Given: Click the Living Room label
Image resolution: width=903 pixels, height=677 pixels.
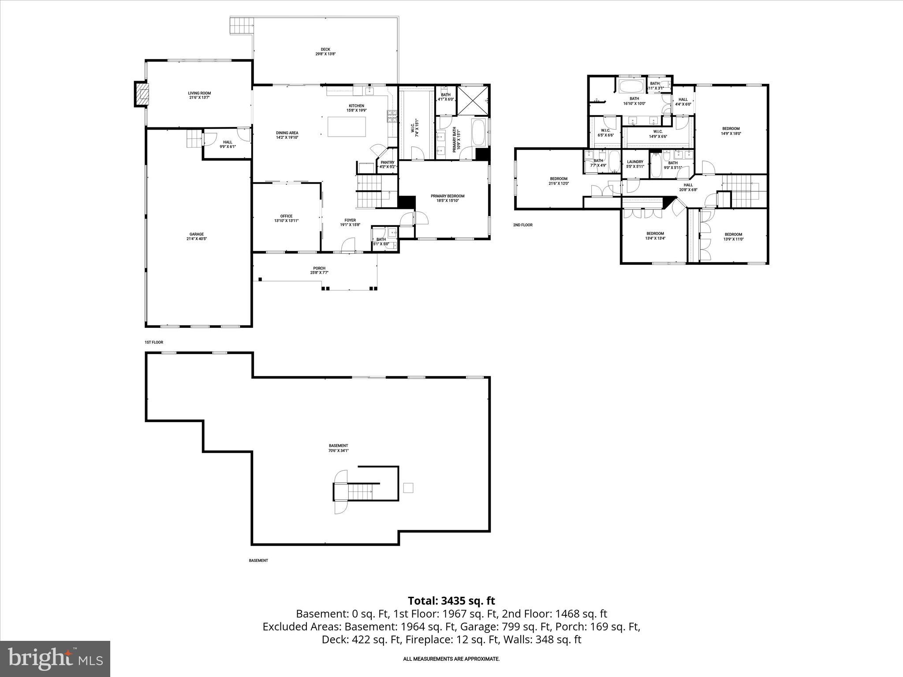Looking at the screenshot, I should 199,95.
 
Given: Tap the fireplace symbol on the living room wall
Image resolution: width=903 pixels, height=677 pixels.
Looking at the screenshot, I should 142,94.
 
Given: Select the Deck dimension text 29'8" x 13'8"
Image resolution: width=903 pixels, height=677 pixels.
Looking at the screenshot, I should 325,54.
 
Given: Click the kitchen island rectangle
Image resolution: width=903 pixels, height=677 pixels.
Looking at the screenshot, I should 347,126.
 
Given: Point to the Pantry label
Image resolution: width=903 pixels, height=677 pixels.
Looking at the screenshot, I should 388,164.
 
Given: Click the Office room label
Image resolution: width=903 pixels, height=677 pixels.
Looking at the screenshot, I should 286,218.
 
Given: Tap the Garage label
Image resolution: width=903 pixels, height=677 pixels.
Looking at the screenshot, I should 197,237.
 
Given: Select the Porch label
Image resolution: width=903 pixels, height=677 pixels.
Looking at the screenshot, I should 319,270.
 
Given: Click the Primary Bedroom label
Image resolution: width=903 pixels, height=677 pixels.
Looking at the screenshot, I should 448,198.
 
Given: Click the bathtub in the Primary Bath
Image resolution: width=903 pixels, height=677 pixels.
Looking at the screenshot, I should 478,132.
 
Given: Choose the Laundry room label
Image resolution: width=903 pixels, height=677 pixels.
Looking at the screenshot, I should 635,164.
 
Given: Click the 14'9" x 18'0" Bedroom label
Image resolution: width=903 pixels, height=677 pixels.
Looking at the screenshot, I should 731,131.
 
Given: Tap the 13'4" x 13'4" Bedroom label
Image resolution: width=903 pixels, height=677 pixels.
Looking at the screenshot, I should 655,236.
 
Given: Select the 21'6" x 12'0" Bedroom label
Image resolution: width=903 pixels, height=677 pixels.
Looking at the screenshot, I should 559,181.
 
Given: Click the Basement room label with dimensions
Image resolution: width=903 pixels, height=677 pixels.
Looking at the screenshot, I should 338,448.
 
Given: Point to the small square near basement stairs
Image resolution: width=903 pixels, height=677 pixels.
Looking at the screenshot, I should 408,488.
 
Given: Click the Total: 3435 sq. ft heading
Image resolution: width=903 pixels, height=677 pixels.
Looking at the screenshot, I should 451,601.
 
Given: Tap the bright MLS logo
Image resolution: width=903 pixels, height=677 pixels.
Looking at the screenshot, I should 55,658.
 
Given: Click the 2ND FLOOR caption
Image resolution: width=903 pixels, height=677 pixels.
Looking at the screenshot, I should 522,225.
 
